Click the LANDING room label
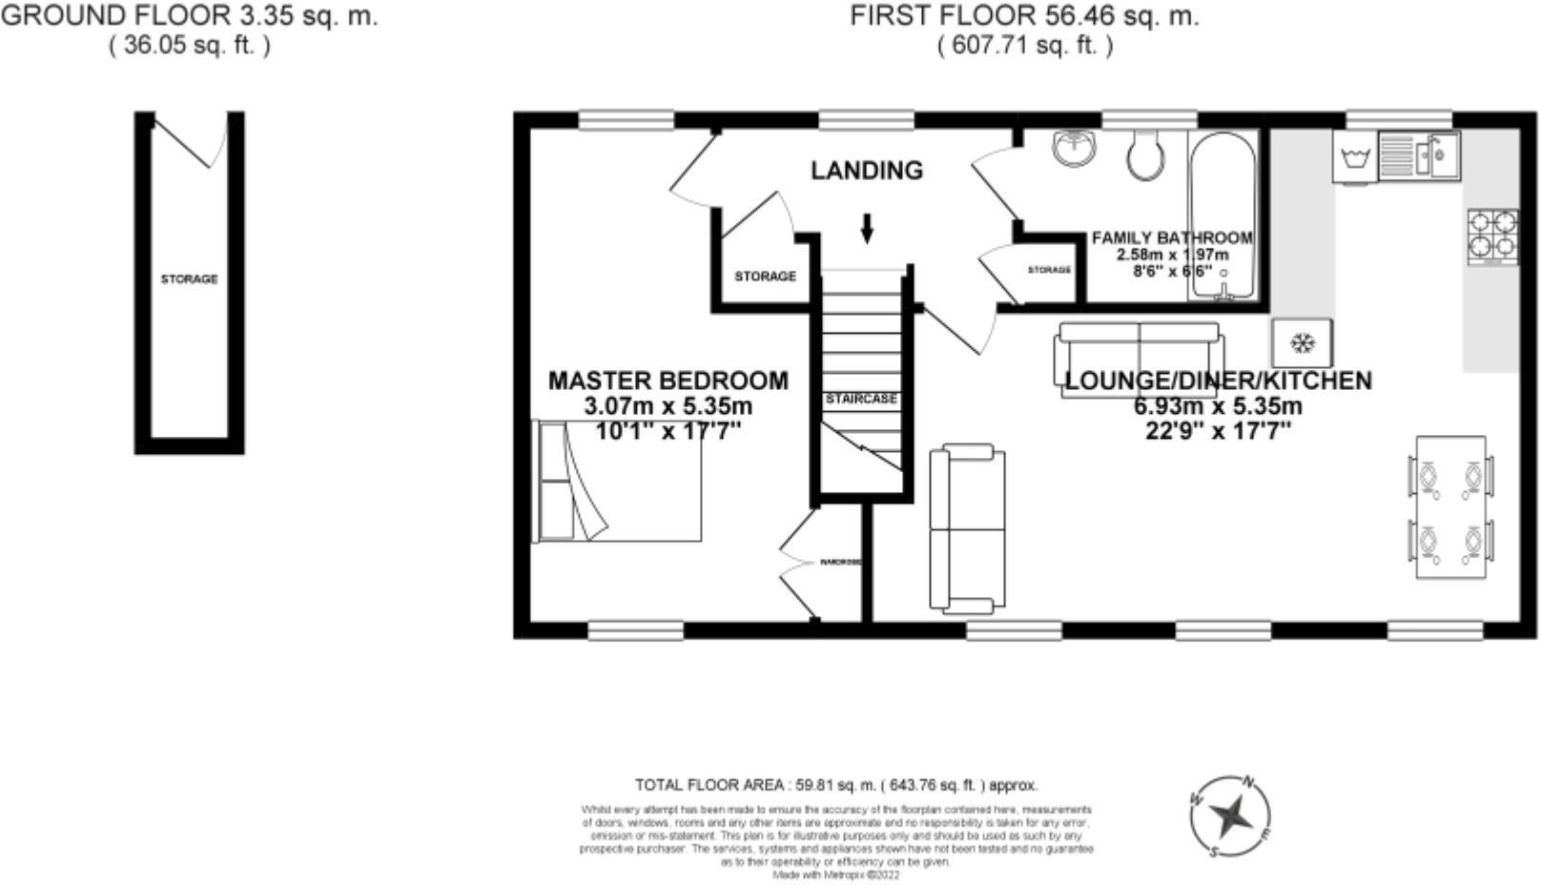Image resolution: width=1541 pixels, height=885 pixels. [x=867, y=171]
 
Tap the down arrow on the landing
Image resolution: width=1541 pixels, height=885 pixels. [x=867, y=229]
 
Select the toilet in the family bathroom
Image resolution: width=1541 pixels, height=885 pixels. [x=1144, y=154]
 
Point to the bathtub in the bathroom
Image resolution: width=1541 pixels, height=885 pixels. [x=1223, y=215]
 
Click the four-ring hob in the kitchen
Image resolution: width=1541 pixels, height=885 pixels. [x=1492, y=235]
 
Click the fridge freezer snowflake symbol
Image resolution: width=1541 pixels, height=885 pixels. [x=1303, y=342]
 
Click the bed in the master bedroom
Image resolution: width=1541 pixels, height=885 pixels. [x=618, y=481]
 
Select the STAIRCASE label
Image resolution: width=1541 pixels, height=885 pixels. [x=861, y=399]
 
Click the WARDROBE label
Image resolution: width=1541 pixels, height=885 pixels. [x=840, y=563]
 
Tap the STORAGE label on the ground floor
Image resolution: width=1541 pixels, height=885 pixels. [x=189, y=279]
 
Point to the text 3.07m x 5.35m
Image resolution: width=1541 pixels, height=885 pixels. [x=668, y=406]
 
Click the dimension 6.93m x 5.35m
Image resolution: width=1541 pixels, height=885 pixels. [x=1217, y=406]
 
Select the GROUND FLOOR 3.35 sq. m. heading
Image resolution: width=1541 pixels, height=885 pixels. [x=189, y=15]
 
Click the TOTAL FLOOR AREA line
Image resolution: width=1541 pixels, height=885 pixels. [x=835, y=786]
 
